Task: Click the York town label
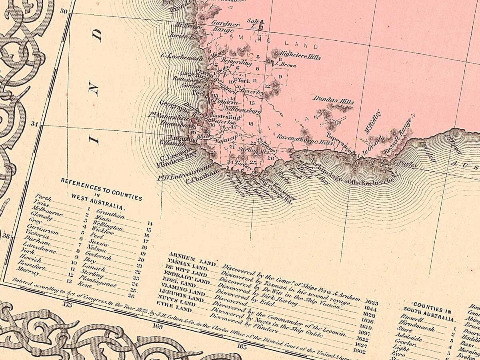pos(244,80)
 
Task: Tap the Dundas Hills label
pos(334,100)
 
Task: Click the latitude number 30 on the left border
pos(63,11)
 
